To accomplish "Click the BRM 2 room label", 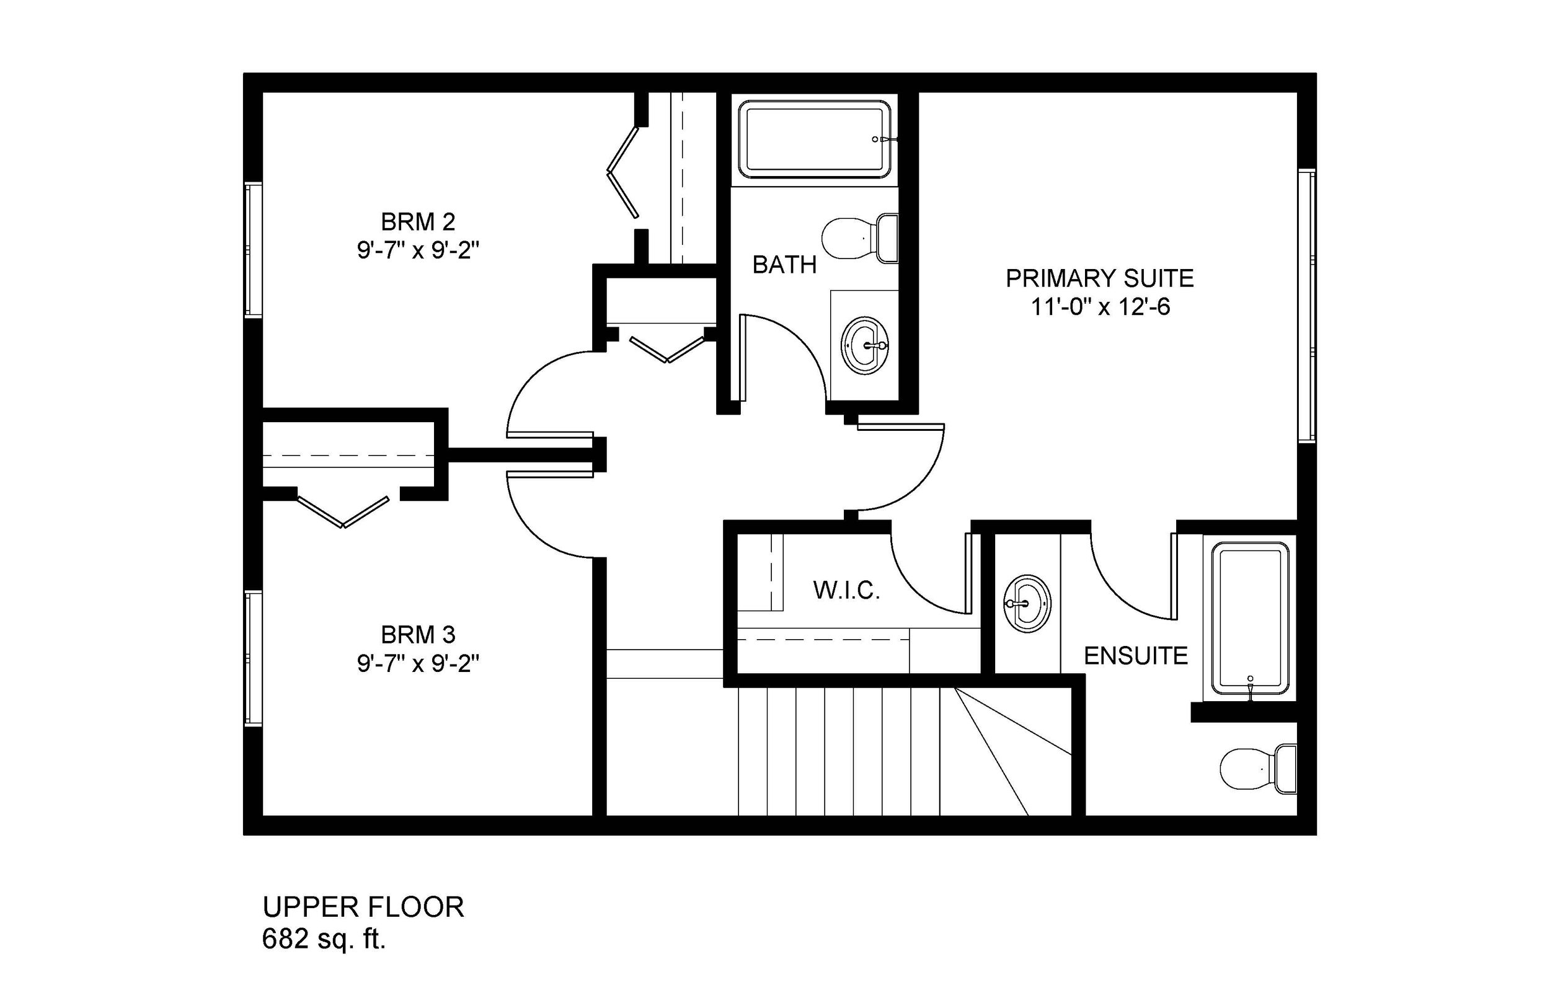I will coord(417,223).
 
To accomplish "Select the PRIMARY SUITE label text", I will coord(1099,279).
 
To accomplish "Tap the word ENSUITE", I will coord(1136,656).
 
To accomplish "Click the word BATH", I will coord(784,265).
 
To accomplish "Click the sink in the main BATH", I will coord(864,345).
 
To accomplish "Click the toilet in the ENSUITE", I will coord(1257,769).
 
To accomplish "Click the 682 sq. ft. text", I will coord(324,939).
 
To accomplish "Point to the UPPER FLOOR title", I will coord(363,907).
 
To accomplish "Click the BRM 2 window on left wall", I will coord(253,250).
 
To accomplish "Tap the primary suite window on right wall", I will coord(1306,306).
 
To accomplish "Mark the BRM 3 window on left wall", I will coord(253,658).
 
